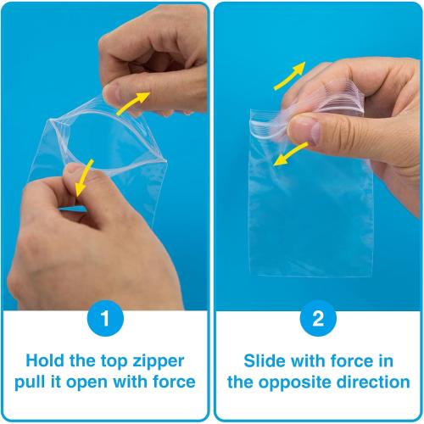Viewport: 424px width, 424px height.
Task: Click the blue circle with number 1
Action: click(x=105, y=318)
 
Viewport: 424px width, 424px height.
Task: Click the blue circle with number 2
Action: click(x=318, y=318)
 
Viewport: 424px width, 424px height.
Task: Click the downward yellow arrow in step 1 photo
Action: click(x=84, y=177)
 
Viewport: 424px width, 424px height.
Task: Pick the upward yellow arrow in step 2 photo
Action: click(x=289, y=75)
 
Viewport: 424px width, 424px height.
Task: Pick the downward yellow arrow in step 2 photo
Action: click(x=290, y=154)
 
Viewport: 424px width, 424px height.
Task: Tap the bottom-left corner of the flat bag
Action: click(x=250, y=274)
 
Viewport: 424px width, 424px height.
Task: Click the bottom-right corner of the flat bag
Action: click(x=371, y=276)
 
